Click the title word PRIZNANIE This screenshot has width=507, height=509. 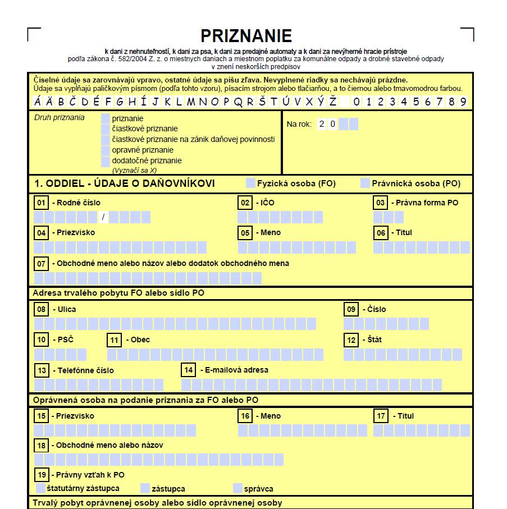point(246,36)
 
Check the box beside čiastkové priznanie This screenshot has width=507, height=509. point(106,129)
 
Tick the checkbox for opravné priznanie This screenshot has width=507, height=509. point(106,150)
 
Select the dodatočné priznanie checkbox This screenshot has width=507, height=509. point(106,161)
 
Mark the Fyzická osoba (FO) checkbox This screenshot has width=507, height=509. point(250,183)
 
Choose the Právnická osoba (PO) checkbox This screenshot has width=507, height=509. point(365,183)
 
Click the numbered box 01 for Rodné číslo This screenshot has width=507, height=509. point(41,203)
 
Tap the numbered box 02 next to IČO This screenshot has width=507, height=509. point(245,203)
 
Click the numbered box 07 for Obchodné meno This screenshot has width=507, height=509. point(41,263)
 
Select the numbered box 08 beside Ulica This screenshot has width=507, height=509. point(41,309)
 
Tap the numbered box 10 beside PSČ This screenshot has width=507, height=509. point(41,340)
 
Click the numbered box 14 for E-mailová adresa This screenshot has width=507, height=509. point(188,370)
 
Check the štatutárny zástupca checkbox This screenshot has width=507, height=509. point(40,488)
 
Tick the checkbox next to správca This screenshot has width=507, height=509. point(237,488)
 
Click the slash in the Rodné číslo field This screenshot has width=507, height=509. point(103,217)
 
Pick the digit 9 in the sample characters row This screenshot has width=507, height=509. point(463,102)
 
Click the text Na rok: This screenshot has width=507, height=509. point(299,124)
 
